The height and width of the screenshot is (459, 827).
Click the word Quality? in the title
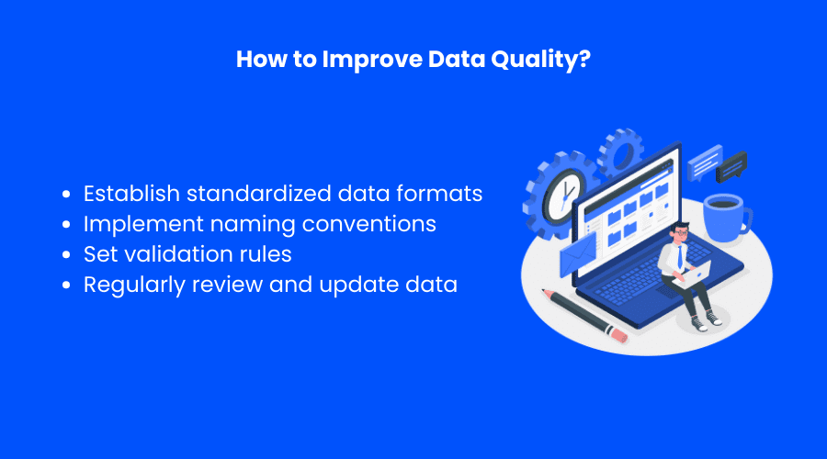tap(540, 60)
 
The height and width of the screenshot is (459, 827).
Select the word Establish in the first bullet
tap(131, 194)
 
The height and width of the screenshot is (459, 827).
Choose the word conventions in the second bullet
tap(369, 224)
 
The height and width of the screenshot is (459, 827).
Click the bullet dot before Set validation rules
tap(66, 254)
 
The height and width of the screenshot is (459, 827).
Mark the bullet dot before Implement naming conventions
tap(66, 225)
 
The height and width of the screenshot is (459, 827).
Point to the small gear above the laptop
tap(621, 152)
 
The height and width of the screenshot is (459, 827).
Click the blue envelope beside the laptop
tap(578, 254)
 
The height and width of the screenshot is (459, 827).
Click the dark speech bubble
tap(731, 166)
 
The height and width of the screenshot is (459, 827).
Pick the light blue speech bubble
tap(705, 162)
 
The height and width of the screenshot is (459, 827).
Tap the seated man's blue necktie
tap(680, 257)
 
